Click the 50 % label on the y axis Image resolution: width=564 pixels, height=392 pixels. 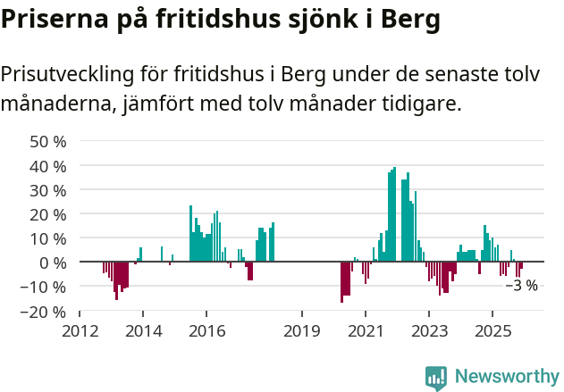coord(48,142)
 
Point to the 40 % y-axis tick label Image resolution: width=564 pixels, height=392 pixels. coord(48,166)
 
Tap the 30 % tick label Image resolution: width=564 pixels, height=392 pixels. coord(48,190)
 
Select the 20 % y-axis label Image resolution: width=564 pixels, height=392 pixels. coord(48,214)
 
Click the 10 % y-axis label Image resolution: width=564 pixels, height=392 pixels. coord(48,238)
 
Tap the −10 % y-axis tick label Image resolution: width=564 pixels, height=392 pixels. coord(45,287)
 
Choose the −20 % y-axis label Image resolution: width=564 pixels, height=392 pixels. coord(45,312)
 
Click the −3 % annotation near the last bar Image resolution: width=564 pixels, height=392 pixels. coord(521,286)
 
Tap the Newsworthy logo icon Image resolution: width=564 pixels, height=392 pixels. coord(436,377)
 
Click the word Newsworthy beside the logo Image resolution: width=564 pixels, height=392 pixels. coord(507,377)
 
